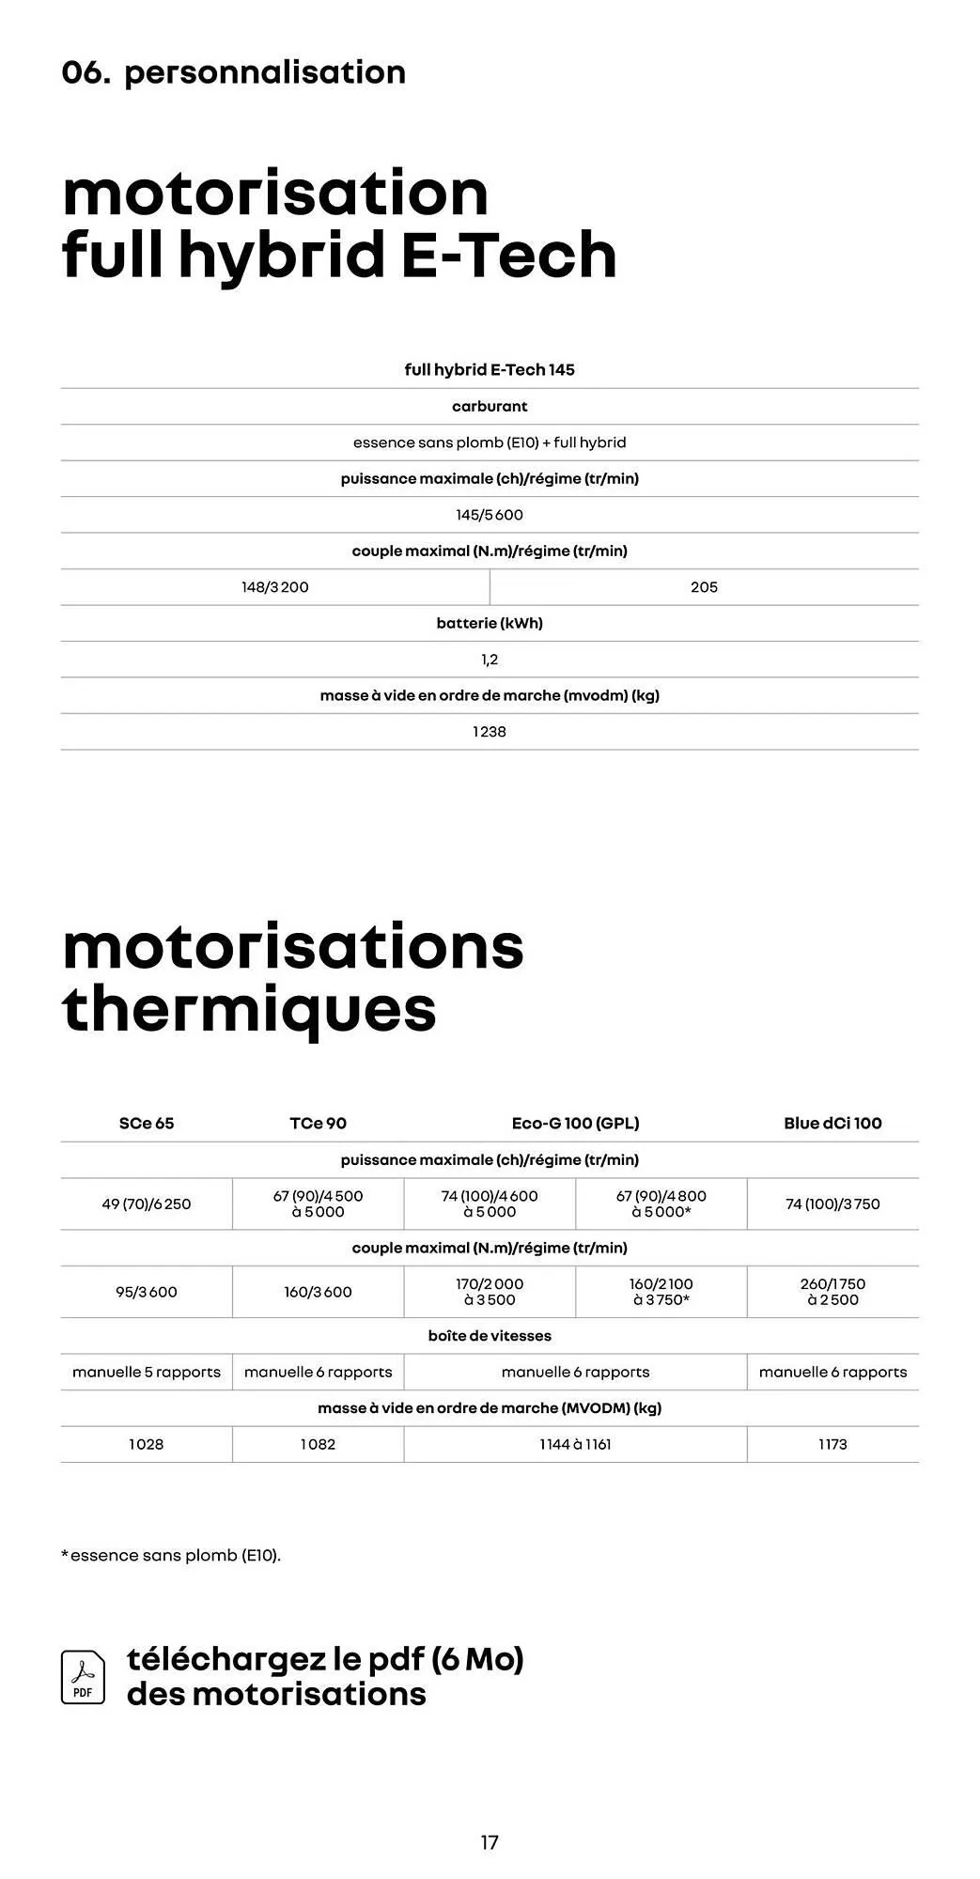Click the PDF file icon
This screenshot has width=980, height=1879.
pyautogui.click(x=83, y=1677)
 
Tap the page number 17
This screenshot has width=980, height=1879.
pyautogui.click(x=490, y=1842)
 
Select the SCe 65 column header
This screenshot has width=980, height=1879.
pyautogui.click(x=147, y=1123)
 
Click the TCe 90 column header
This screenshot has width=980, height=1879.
pyautogui.click(x=318, y=1123)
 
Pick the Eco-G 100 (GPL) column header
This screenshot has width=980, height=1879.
pyautogui.click(x=575, y=1123)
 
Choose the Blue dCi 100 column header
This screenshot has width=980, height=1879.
pyautogui.click(x=832, y=1123)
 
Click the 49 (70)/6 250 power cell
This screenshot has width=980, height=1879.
pyautogui.click(x=147, y=1203)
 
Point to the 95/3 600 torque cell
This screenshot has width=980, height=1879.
pyautogui.click(x=147, y=1292)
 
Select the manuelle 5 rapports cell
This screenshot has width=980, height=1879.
pyautogui.click(x=147, y=1372)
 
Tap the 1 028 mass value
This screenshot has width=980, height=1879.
pyautogui.click(x=147, y=1444)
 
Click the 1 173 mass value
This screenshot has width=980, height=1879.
pyautogui.click(x=832, y=1444)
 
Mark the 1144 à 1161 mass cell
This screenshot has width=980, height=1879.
pyautogui.click(x=575, y=1444)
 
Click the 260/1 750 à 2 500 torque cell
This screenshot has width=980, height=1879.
pyautogui.click(x=832, y=1292)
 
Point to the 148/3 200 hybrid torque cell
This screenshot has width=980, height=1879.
pyautogui.click(x=275, y=587)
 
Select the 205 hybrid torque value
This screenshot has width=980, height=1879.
pyautogui.click(x=704, y=587)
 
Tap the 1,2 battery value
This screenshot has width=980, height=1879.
pyautogui.click(x=490, y=660)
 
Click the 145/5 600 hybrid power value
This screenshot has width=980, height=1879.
pyautogui.click(x=490, y=515)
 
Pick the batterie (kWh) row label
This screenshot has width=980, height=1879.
pyautogui.click(x=490, y=623)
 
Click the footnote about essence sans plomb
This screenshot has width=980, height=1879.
pyautogui.click(x=171, y=1555)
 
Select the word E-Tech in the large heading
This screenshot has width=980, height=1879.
pyautogui.click(x=508, y=255)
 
